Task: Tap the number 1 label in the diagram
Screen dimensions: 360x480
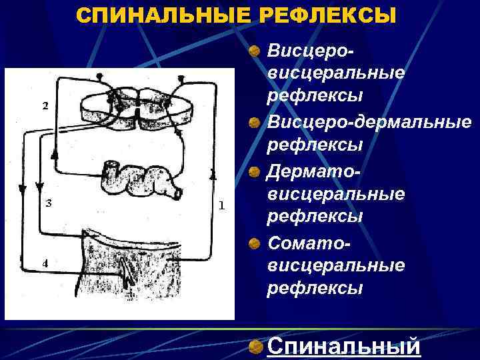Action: coord(221,205)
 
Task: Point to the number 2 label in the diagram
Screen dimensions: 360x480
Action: coord(45,105)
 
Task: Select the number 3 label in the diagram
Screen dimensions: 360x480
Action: coord(48,203)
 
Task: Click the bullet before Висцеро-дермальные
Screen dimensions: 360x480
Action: coord(254,123)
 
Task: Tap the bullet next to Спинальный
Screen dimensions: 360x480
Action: coord(254,347)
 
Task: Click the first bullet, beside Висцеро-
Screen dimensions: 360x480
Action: coord(254,51)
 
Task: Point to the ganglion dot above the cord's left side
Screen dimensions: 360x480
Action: coord(99,77)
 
